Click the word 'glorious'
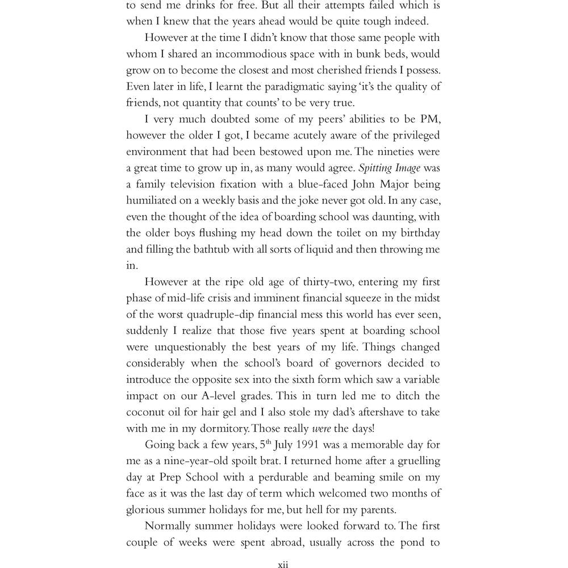pyautogui.click(x=147, y=509)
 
